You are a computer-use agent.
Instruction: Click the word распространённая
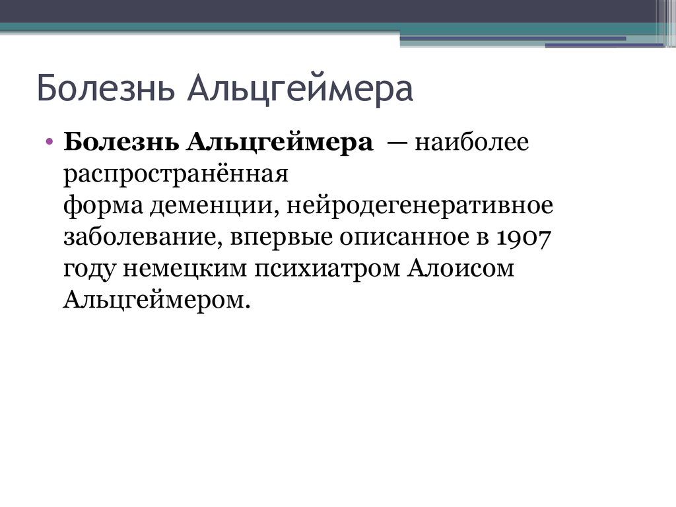(176, 175)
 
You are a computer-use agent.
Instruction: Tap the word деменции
(206, 206)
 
